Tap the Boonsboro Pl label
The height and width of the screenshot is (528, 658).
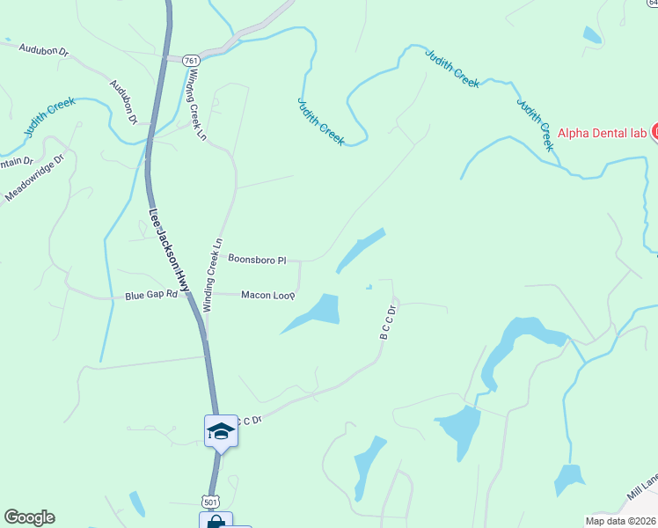tap(258, 260)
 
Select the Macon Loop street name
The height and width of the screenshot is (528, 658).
tap(267, 295)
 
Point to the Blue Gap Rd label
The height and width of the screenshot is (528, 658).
tap(151, 297)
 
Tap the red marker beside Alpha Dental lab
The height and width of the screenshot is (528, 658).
tap(654, 133)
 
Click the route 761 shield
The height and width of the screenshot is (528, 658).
tap(193, 60)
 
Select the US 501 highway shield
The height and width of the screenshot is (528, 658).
tap(209, 501)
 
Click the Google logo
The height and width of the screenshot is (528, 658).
tap(29, 517)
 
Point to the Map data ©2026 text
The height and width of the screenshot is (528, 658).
tap(621, 521)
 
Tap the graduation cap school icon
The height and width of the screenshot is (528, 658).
tap(221, 430)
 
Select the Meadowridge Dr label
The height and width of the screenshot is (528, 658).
tap(35, 180)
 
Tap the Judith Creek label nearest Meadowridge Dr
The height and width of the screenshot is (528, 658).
tap(48, 117)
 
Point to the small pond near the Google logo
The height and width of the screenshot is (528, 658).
tap(137, 504)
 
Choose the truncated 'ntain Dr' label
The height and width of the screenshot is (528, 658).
tap(15, 162)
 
